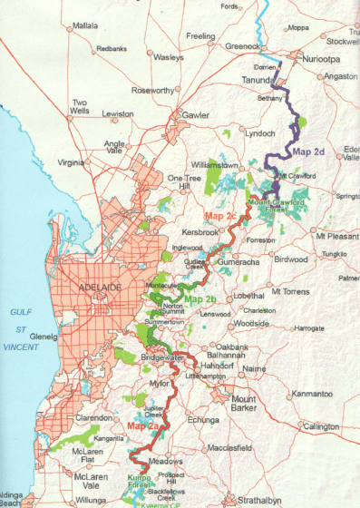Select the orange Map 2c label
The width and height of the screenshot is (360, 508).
coord(219,216)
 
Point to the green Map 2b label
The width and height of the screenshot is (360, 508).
coord(200,299)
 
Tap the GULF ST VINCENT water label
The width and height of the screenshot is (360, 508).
coord(22,328)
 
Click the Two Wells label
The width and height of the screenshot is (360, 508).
coord(81,107)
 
